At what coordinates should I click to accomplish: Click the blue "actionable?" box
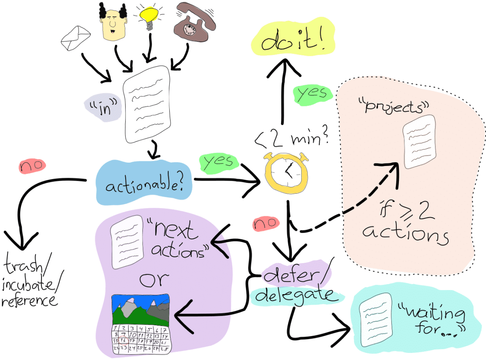click(x=144, y=184)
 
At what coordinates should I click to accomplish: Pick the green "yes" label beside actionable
click(x=218, y=163)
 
